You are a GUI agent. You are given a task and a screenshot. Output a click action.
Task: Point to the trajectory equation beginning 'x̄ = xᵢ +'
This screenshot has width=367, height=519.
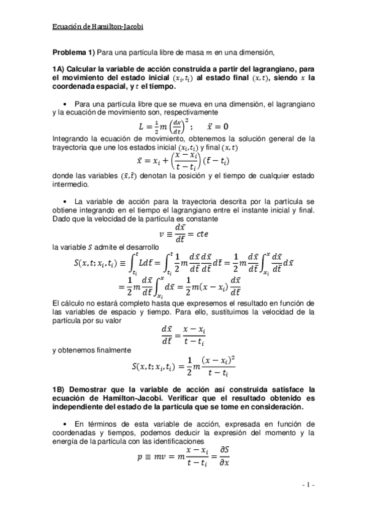(184, 159)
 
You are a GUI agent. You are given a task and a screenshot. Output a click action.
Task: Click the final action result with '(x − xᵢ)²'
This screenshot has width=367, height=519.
(184, 367)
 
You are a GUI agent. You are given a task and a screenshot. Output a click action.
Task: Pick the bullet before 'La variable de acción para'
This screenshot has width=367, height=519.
(66, 200)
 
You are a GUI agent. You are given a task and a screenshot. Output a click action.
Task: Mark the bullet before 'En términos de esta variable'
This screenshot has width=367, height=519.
(66, 423)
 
